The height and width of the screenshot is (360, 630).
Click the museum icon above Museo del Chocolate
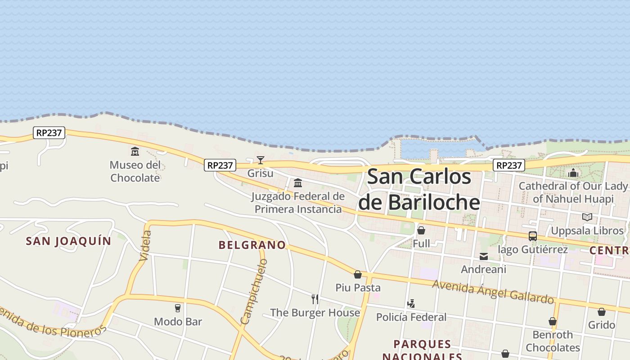pos(135,151)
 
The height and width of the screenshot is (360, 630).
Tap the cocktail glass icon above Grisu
pos(261,160)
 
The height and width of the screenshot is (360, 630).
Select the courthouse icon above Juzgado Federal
pos(298,183)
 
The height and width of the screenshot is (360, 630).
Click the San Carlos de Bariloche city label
pos(419,189)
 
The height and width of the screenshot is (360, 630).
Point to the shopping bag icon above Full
pos(421,230)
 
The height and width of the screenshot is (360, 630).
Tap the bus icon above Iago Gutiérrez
pos(533,236)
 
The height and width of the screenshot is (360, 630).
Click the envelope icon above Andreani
pos(484,256)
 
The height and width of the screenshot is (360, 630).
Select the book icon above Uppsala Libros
pos(587,217)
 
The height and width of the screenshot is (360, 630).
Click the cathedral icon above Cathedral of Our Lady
pos(573,173)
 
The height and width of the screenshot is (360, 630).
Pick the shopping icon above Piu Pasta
pos(358,274)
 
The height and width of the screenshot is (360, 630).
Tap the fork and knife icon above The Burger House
pos(315,299)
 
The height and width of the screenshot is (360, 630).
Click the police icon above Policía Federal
pos(411,304)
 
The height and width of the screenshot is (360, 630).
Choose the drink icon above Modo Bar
pos(178,308)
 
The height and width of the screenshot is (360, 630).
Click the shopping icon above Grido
pos(602,312)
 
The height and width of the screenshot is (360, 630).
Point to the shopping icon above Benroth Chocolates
pos(553,322)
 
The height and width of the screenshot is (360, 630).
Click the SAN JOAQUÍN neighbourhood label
pos(68,241)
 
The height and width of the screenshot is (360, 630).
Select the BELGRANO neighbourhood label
pos(252,245)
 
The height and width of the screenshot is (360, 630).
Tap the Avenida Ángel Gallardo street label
pos(493,292)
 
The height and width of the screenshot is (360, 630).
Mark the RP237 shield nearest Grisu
pos(220,166)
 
